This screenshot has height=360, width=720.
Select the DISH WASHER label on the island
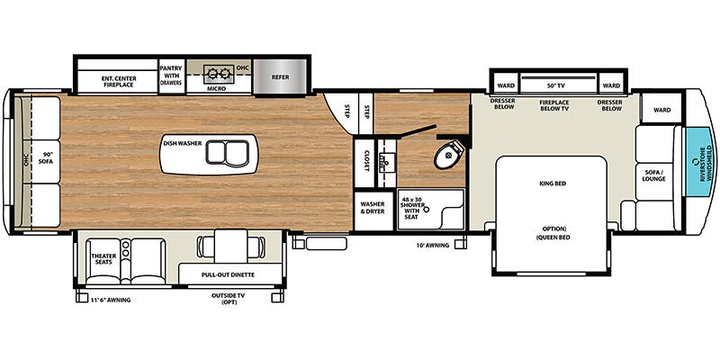coord(181,142)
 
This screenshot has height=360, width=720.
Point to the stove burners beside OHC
coord(217,73)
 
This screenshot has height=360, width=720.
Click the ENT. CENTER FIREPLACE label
coord(117,78)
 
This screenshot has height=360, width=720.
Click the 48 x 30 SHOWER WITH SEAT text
coord(415,205)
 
